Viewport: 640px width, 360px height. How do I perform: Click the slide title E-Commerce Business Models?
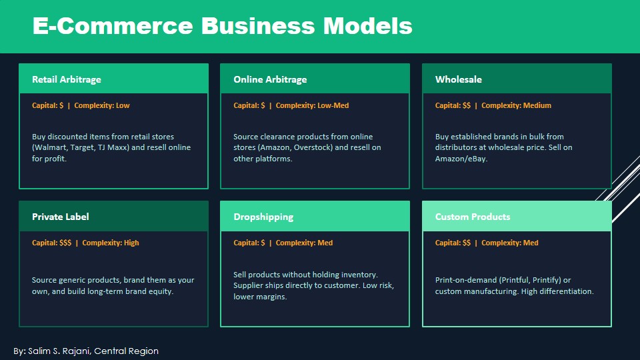(223, 26)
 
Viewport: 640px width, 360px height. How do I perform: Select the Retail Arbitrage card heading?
(67, 79)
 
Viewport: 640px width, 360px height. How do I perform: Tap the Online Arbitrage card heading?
(270, 79)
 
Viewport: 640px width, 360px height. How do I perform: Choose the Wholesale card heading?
(459, 79)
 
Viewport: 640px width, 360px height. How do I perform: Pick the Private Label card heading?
(61, 217)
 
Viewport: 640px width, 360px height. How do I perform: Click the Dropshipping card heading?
(263, 217)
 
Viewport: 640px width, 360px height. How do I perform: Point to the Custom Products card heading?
(473, 217)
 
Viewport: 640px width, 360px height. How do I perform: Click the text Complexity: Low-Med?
(312, 105)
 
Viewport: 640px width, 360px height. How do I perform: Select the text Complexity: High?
(111, 243)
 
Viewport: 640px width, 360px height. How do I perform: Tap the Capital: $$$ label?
(51, 243)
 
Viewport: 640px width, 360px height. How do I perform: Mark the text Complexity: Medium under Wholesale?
(516, 105)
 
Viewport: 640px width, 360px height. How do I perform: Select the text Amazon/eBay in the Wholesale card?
(461, 159)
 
